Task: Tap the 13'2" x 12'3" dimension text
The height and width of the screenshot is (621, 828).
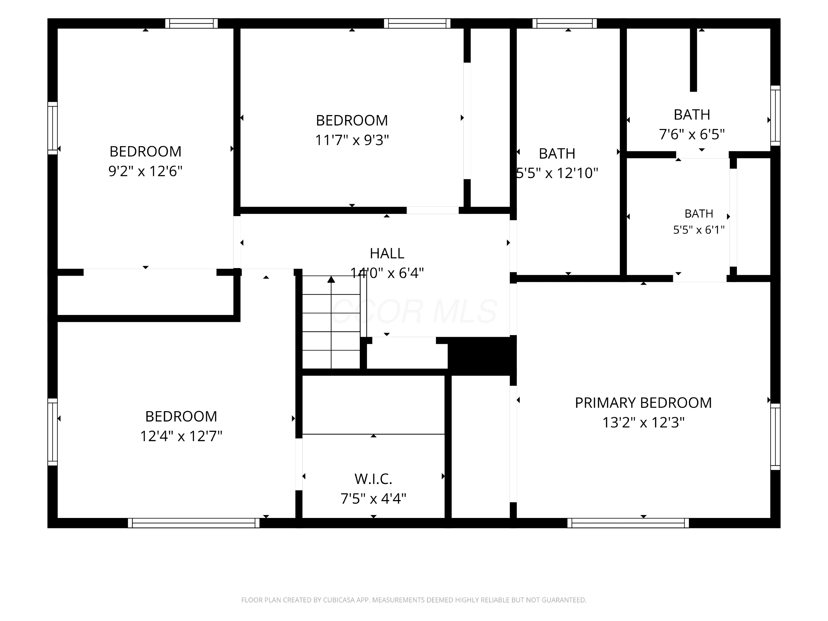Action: (643, 422)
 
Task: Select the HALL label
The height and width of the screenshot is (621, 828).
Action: (387, 253)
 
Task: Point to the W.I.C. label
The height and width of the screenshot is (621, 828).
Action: (373, 479)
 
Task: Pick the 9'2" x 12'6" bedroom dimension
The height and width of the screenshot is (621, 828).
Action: (145, 171)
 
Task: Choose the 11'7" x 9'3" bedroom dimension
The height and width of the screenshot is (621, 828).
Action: (352, 140)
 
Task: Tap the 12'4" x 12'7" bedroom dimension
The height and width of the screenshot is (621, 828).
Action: (181, 436)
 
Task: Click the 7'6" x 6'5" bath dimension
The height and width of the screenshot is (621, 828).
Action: (692, 134)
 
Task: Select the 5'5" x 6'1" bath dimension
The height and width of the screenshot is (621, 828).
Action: (699, 230)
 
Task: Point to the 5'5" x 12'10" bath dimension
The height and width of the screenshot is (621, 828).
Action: (557, 173)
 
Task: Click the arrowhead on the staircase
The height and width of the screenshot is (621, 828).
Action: (331, 279)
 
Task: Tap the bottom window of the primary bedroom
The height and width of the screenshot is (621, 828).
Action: (628, 523)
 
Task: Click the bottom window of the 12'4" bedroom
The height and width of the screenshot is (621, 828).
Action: (193, 523)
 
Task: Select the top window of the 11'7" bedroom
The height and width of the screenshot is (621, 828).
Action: (417, 23)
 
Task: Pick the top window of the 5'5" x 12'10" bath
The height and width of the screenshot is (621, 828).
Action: (564, 23)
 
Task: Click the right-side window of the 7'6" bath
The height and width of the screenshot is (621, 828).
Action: (775, 115)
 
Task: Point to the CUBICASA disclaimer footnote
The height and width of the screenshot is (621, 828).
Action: (414, 600)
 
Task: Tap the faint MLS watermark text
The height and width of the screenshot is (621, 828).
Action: (414, 311)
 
